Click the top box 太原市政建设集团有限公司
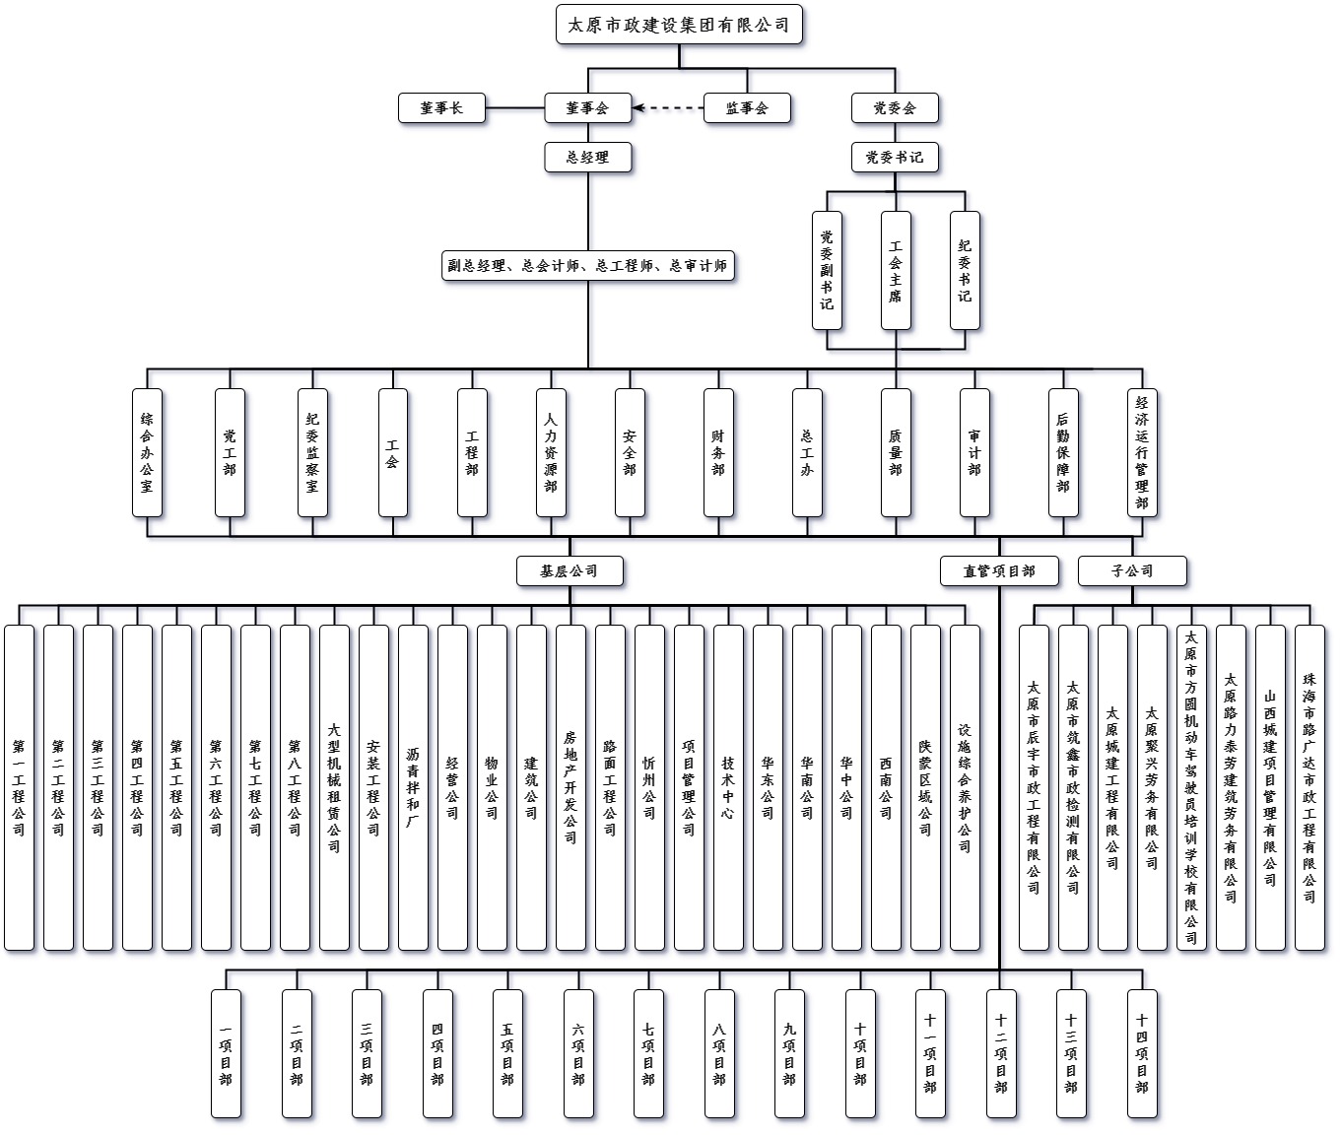point(679,25)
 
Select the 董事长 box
point(441,108)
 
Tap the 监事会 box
point(747,108)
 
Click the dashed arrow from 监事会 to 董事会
point(668,108)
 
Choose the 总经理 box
point(588,158)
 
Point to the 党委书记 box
point(895,158)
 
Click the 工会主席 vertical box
point(896,270)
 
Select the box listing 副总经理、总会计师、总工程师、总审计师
point(588,266)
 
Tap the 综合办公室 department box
point(147,452)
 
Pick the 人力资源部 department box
point(551,452)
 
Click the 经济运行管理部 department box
point(1142,452)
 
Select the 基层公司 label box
point(570,570)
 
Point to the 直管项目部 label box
point(999,570)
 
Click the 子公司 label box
point(1132,570)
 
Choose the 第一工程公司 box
point(19,787)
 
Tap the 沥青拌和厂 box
point(413,787)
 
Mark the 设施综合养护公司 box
point(965,787)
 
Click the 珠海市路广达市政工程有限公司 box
point(1309,787)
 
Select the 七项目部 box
point(648,1053)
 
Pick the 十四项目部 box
point(1142,1053)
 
